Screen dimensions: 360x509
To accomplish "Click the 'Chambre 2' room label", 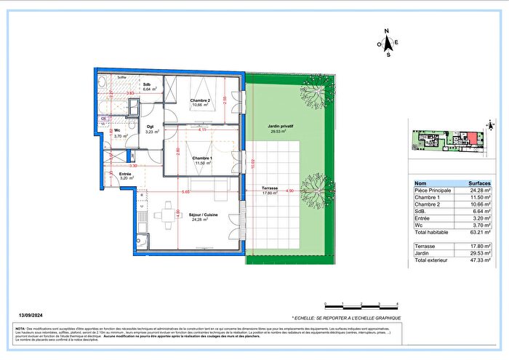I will point(200,100).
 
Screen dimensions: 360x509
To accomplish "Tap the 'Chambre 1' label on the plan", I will point(202,158).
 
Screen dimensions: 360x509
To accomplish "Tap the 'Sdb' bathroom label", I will point(147,84).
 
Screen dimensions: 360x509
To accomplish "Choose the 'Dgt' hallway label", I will point(150,107).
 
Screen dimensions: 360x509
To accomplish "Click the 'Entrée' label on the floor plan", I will point(125,175).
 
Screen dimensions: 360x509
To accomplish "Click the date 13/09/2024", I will point(31,315).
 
